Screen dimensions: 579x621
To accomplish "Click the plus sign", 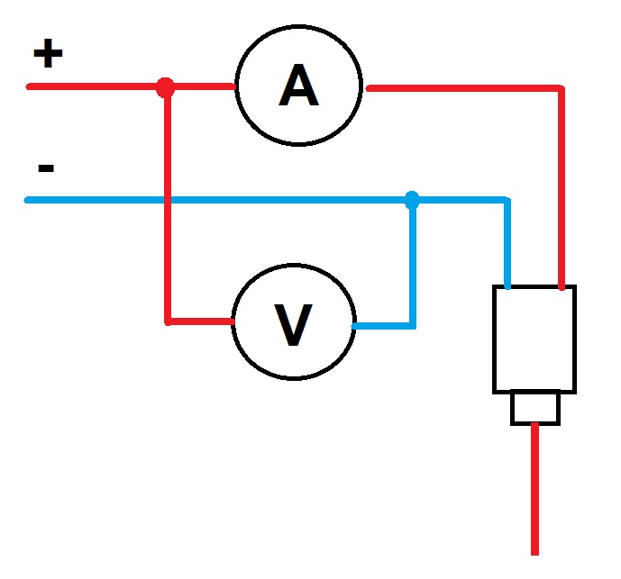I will pyautogui.click(x=48, y=55).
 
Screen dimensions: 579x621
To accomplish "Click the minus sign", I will pyautogui.click(x=47, y=167).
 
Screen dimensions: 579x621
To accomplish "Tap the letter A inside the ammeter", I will pyautogui.click(x=298, y=87).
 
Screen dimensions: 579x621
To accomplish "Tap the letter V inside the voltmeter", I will pyautogui.click(x=293, y=325).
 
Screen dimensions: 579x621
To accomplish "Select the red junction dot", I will pyautogui.click(x=165, y=87).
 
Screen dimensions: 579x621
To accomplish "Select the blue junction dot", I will pyautogui.click(x=412, y=199).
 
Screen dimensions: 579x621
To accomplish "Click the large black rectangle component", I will pyautogui.click(x=534, y=339).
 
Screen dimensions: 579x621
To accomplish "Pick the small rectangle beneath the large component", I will pyautogui.click(x=535, y=408).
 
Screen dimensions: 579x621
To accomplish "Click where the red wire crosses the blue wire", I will pyautogui.click(x=167, y=199).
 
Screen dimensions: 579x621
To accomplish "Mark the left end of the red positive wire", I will pyautogui.click(x=30, y=87).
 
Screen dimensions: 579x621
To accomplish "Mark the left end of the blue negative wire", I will pyautogui.click(x=28, y=199).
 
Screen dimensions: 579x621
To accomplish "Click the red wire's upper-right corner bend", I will pyautogui.click(x=562, y=88).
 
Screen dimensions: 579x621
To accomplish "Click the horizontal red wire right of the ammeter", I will pyautogui.click(x=460, y=88).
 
